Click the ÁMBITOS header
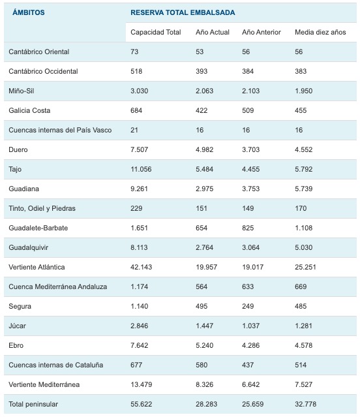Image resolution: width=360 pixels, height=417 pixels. [x=29, y=12]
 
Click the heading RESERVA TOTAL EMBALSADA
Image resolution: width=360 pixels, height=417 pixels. [x=183, y=12]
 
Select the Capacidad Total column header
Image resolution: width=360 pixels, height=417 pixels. [x=156, y=32]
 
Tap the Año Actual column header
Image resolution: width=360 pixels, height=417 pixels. [x=213, y=32]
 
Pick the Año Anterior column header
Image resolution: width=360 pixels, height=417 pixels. [x=261, y=32]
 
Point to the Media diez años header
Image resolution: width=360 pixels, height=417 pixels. [x=320, y=32]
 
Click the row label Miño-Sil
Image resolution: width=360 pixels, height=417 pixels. [x=22, y=91]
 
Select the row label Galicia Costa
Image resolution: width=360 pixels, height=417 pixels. [x=29, y=110]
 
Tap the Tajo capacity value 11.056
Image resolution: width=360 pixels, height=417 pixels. [x=141, y=169]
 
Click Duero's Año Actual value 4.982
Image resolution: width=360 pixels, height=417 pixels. [x=204, y=149]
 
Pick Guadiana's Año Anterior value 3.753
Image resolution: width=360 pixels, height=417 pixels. [x=250, y=189]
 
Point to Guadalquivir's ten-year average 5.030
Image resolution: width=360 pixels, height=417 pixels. [x=303, y=247]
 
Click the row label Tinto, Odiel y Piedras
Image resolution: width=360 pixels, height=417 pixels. [x=42, y=208]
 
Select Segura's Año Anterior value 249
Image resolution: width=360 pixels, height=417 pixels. [x=248, y=306]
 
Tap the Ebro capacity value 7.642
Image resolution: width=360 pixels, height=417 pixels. [x=139, y=345]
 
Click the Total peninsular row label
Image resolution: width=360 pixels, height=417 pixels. [x=33, y=404]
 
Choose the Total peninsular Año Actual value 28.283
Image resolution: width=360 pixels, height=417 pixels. [x=207, y=404]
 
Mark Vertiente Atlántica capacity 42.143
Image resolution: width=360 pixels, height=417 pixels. [x=141, y=267]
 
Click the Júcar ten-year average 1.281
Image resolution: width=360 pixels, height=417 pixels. [x=303, y=326]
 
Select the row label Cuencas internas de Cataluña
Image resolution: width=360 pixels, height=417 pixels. [x=56, y=365]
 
